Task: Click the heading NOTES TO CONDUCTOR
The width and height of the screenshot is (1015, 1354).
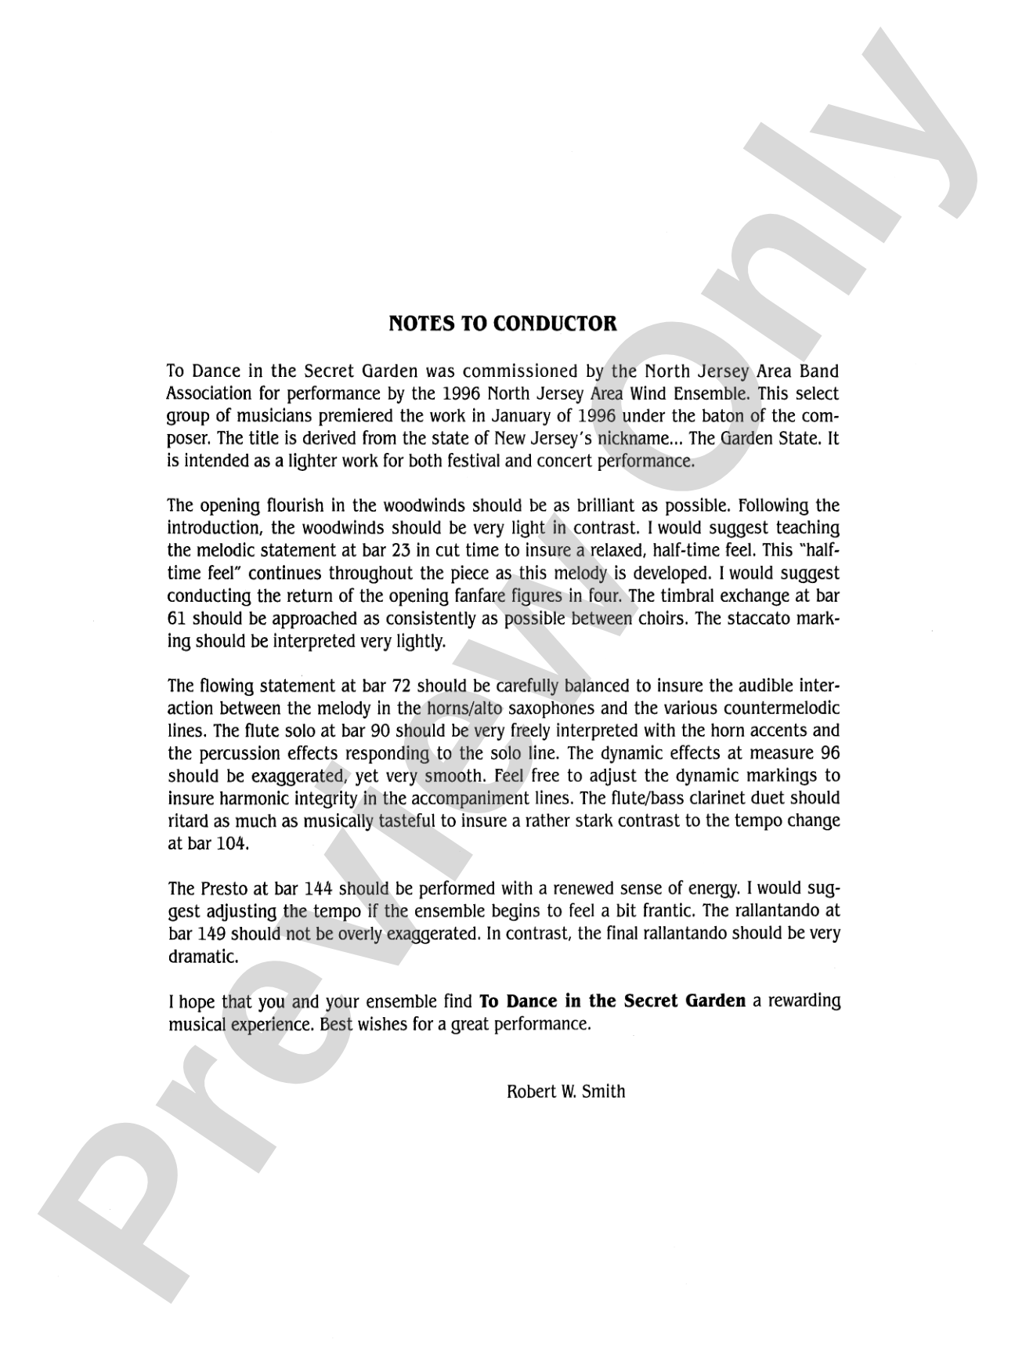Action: point(503,323)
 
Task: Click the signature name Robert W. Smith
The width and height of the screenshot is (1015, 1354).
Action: point(565,1092)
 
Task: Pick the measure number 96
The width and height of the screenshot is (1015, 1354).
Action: point(829,754)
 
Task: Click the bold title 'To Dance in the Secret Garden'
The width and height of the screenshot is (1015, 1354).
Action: point(612,1001)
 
